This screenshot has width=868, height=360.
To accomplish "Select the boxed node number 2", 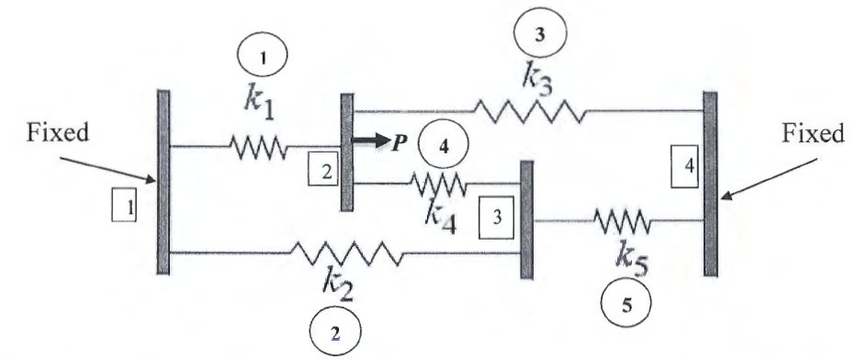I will coord(323,168).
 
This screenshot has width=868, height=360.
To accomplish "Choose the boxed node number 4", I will coord(682,170).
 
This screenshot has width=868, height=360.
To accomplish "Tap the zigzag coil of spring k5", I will coord(622,220).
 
